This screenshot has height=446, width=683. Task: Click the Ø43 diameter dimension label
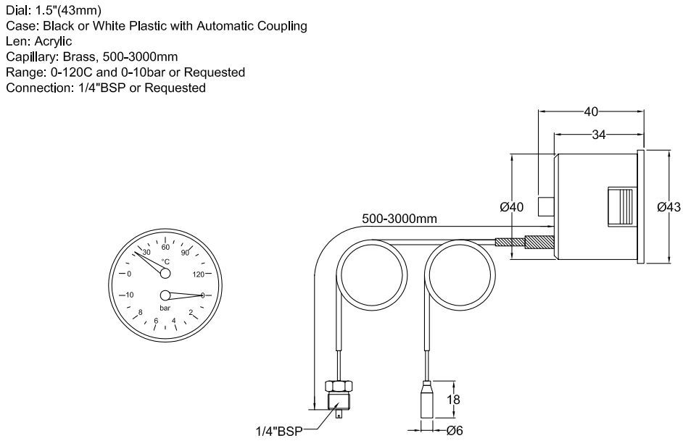[668, 208]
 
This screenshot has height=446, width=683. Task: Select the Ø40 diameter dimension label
[512, 208]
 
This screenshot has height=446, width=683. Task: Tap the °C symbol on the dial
[165, 261]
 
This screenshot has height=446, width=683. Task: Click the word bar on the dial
[165, 308]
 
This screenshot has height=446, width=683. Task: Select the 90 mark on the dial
[186, 253]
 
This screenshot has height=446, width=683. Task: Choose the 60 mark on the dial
[165, 246]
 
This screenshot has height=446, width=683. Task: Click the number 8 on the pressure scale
[140, 312]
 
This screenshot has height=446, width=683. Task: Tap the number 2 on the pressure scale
[190, 312]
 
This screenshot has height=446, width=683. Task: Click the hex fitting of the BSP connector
[339, 387]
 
